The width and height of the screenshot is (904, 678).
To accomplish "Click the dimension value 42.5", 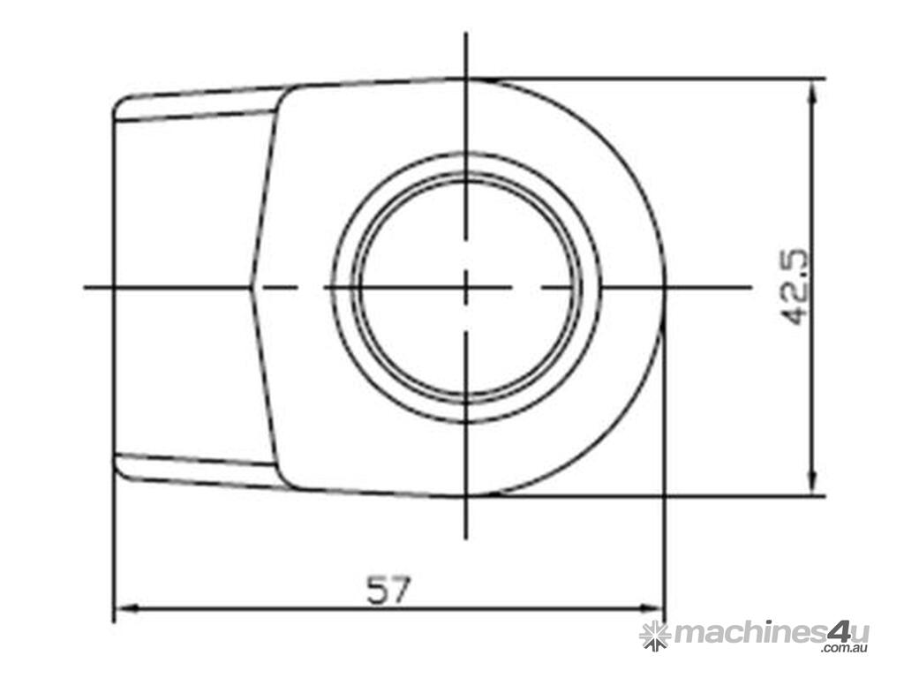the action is (795, 287).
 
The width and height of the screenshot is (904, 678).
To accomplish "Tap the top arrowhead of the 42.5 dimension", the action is (813, 92).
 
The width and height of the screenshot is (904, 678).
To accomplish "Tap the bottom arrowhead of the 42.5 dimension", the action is (813, 481).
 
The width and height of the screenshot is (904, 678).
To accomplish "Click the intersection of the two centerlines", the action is (466, 287).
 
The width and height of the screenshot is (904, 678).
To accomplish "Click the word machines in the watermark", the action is (750, 634).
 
